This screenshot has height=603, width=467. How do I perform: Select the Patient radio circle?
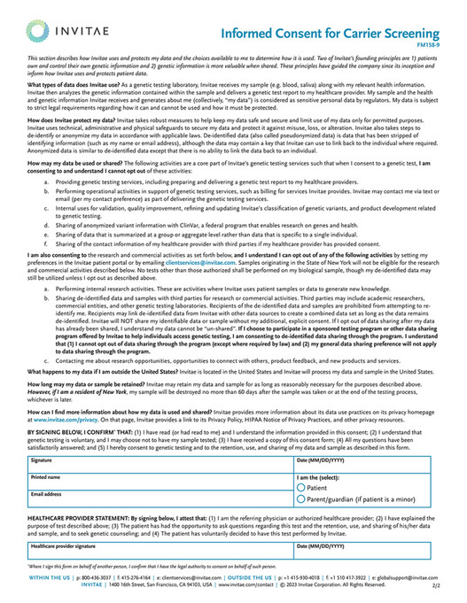pyautogui.click(x=300, y=488)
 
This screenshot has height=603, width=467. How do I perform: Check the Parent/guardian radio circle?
pyautogui.click(x=300, y=499)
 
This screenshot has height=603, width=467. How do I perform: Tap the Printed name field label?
pyautogui.click(x=45, y=477)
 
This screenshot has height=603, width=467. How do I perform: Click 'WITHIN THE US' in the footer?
pyautogui.click(x=50, y=576)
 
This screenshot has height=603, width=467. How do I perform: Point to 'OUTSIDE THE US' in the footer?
pyautogui.click(x=250, y=576)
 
